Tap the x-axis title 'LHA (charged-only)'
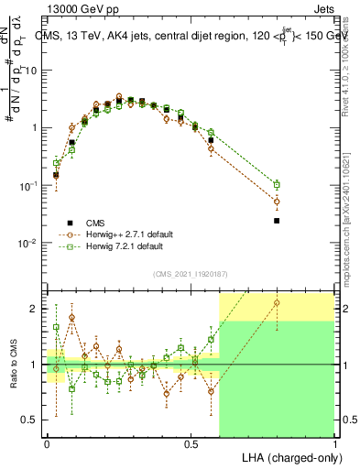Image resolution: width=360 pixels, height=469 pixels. click(x=287, y=456)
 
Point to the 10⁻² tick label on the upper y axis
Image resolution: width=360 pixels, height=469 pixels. click(x=30, y=244)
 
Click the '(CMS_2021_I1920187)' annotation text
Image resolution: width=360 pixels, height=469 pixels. click(x=190, y=273)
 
